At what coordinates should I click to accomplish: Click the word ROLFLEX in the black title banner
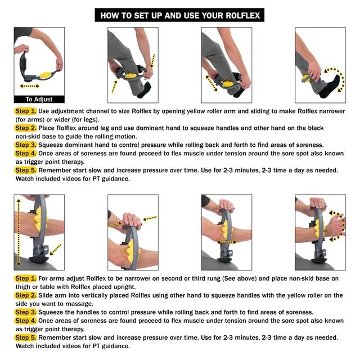[242, 16]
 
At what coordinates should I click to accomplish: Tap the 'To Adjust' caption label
[39, 99]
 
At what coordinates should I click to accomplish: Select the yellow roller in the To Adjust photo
[45, 75]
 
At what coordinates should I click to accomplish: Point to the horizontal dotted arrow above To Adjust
[29, 86]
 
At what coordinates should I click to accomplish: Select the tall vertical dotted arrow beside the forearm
[19, 232]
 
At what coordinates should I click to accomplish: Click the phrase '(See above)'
[240, 278]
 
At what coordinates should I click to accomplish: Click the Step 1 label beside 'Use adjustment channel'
[25, 111]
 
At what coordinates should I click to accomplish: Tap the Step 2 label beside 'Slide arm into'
[25, 295]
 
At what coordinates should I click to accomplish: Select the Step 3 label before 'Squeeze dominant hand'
[25, 145]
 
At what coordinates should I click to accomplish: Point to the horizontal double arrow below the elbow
[227, 242]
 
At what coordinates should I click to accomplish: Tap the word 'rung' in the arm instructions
[213, 279]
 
